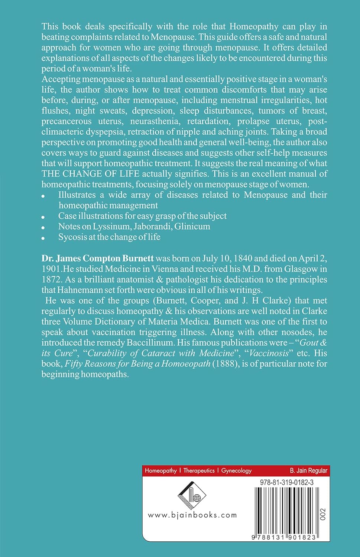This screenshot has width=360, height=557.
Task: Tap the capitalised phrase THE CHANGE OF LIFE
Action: click(91, 174)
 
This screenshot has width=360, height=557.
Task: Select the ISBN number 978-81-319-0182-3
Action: click(286, 482)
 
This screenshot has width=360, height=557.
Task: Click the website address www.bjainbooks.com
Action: click(192, 515)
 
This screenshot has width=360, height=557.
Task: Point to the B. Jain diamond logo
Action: click(192, 495)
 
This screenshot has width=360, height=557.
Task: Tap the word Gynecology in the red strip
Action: click(236, 470)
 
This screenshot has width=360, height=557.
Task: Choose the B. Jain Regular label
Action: click(308, 470)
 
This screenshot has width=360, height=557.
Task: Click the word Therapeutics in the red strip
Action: click(199, 470)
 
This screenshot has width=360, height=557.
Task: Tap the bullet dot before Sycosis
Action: click(43, 238)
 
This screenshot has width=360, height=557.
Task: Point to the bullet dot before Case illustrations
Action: click(43, 217)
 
